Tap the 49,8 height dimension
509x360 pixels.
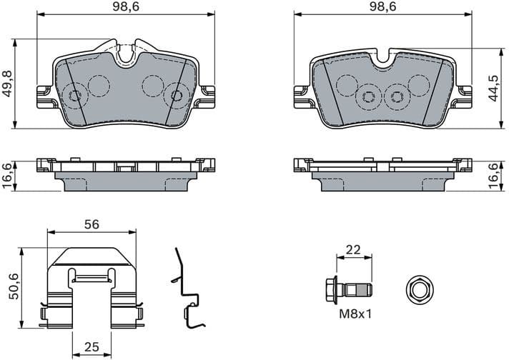[x=8, y=84]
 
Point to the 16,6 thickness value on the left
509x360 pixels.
[x=8, y=176]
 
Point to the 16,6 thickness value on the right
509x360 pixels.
[x=494, y=176]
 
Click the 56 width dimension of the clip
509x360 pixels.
[x=91, y=224]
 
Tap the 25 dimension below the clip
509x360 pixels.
[x=91, y=347]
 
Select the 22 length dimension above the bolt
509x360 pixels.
[x=353, y=249]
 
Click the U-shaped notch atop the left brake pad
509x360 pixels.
[x=128, y=52]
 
